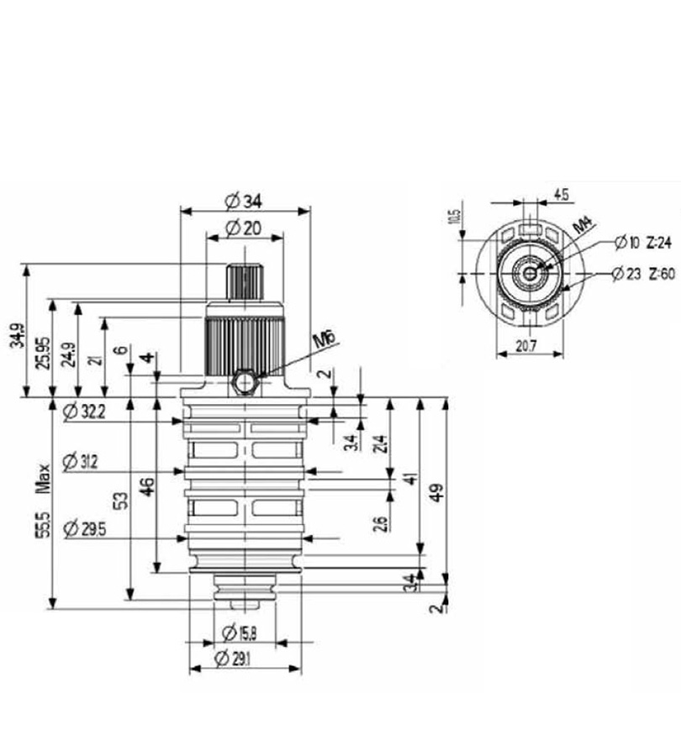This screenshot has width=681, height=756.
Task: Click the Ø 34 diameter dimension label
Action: pyautogui.click(x=244, y=201)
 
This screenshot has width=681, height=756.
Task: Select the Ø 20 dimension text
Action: pyautogui.click(x=244, y=228)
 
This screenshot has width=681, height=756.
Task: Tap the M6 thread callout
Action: pyautogui.click(x=325, y=342)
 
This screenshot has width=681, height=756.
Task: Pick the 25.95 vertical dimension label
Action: pyautogui.click(x=43, y=347)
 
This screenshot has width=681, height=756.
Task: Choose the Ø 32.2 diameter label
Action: pyautogui.click(x=83, y=410)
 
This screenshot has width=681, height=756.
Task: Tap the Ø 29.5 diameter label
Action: pyautogui.click(x=84, y=527)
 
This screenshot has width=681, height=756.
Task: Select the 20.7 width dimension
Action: pyautogui.click(x=527, y=344)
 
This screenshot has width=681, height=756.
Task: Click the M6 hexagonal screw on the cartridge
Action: pyautogui.click(x=245, y=383)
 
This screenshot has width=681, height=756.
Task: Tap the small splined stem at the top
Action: pyautogui.click(x=245, y=281)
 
